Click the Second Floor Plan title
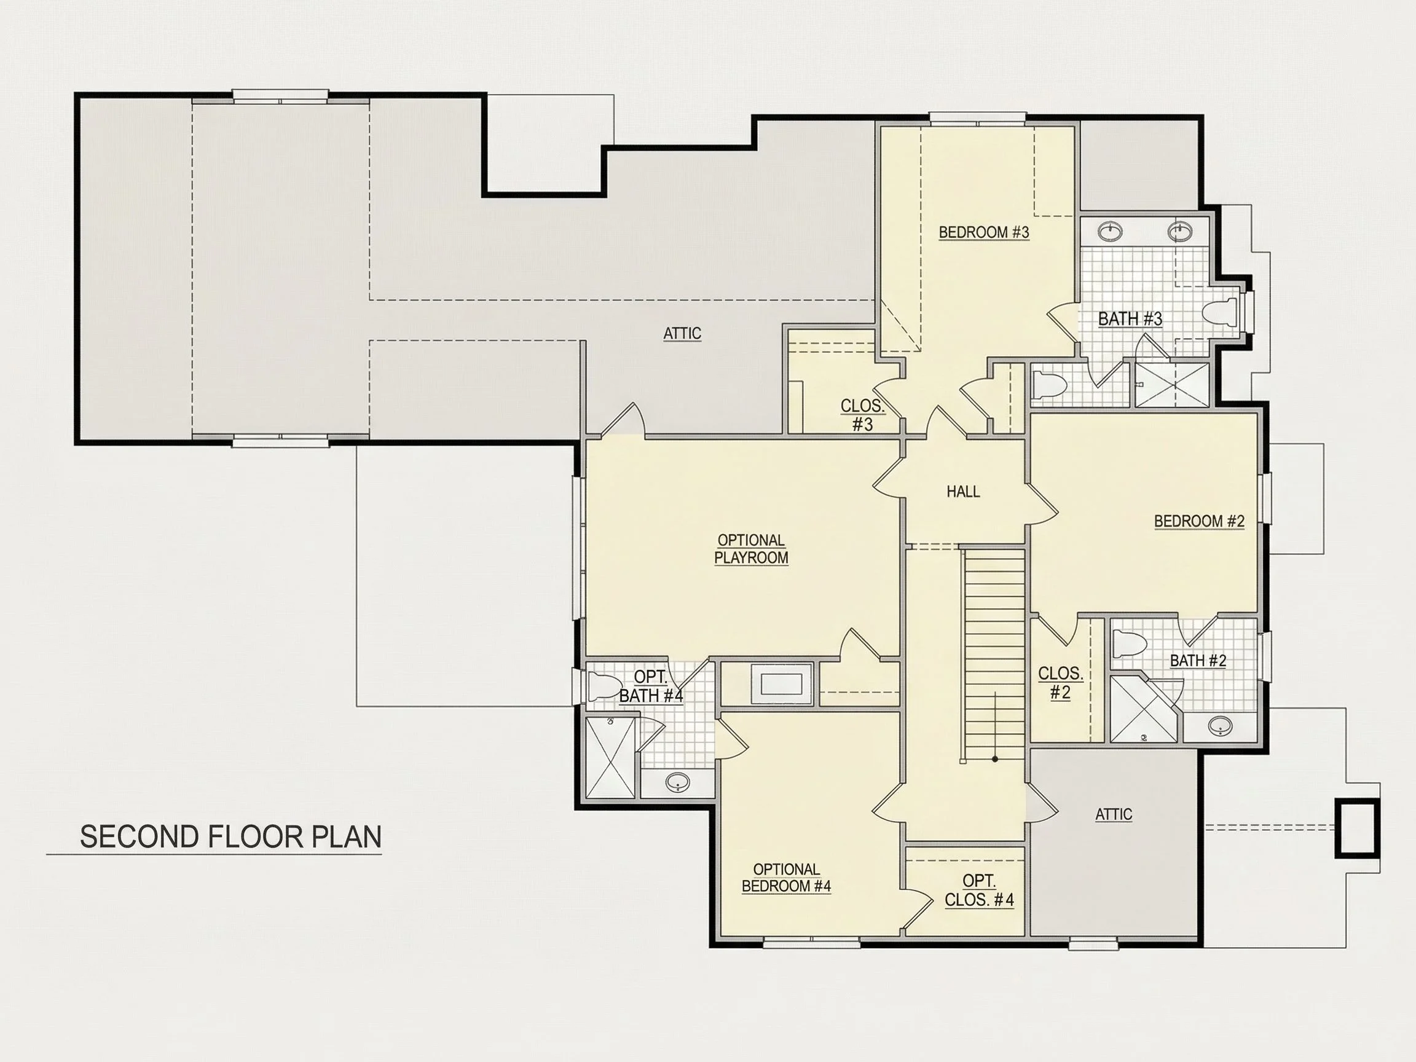click(230, 836)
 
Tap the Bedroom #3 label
click(984, 232)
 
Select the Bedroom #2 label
click(1199, 521)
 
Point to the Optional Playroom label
click(751, 549)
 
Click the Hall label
click(963, 492)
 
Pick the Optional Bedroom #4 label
click(786, 878)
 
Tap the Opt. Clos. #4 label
click(980, 891)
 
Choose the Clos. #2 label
click(1060, 683)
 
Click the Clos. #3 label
click(862, 415)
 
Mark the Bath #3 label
click(1130, 319)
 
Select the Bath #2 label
click(1198, 661)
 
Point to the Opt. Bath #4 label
click(651, 686)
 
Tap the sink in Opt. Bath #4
click(677, 782)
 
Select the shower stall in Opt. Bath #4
click(612, 757)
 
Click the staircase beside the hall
click(994, 653)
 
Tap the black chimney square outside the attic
click(1357, 828)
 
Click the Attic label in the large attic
click(682, 334)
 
